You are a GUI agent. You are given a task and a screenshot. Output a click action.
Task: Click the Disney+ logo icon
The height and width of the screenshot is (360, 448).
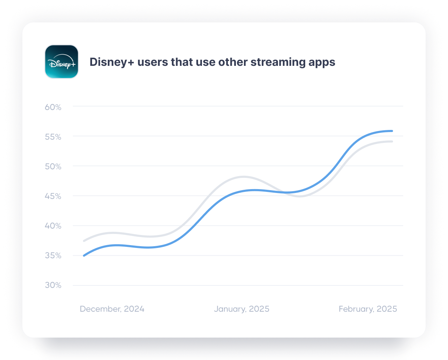(62, 62)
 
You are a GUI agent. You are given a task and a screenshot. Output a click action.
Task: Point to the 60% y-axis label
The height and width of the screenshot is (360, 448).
(53, 107)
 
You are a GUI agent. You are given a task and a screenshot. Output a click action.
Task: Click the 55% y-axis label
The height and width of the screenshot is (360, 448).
(53, 137)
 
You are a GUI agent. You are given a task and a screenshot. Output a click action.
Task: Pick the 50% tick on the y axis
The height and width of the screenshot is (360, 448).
(53, 166)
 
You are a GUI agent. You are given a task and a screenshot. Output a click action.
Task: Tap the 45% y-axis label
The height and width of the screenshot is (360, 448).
(53, 196)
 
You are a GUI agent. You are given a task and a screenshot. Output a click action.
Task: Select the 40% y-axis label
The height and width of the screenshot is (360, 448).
(53, 226)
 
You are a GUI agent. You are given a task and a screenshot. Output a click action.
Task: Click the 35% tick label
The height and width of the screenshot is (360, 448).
(53, 256)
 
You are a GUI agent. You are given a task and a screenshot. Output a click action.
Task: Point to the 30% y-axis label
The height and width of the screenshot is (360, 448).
(53, 285)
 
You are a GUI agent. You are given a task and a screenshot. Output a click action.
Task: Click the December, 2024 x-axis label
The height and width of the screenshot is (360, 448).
(112, 309)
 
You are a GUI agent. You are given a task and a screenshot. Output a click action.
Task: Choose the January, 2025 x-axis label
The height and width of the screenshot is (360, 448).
(241, 309)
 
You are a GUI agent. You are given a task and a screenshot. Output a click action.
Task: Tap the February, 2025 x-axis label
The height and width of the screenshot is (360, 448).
(368, 309)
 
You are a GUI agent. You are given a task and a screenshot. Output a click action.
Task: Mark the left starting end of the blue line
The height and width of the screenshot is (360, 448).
(84, 256)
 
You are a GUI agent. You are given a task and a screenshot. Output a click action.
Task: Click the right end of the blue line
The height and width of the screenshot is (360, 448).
(392, 131)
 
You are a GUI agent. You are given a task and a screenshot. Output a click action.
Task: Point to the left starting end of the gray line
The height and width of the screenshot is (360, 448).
(84, 241)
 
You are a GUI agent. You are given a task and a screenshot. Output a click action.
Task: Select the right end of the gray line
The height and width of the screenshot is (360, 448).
(392, 141)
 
